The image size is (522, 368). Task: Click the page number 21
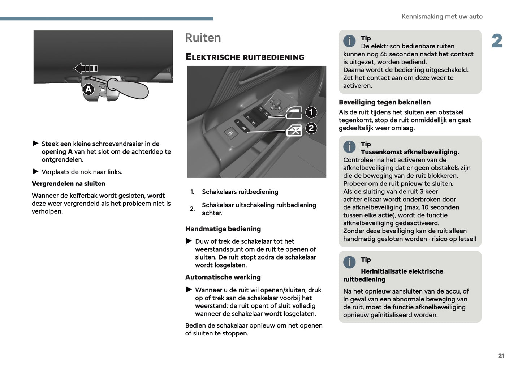pyautogui.click(x=501, y=355)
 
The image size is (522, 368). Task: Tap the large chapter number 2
pyautogui.click(x=497, y=41)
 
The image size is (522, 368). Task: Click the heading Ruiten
pyautogui.click(x=203, y=38)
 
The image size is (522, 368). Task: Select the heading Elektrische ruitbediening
pyautogui.click(x=245, y=57)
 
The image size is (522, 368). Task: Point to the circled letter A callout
pyautogui.click(x=89, y=89)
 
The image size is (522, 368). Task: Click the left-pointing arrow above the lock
pyautogui.click(x=85, y=68)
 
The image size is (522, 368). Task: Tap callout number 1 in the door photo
pyautogui.click(x=311, y=112)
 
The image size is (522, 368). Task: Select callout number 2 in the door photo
pyautogui.click(x=311, y=128)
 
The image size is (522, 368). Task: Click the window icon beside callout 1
pyautogui.click(x=294, y=113)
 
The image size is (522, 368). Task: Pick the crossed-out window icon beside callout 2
pyautogui.click(x=294, y=130)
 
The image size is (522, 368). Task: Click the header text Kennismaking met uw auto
pyautogui.click(x=442, y=17)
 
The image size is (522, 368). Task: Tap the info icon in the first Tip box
pyautogui.click(x=349, y=41)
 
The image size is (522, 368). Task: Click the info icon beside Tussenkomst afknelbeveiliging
pyautogui.click(x=349, y=147)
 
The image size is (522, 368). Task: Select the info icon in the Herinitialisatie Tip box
pyautogui.click(x=349, y=262)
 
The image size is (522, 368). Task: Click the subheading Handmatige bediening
pyautogui.click(x=223, y=229)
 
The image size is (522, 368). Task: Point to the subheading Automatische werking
pyautogui.click(x=223, y=277)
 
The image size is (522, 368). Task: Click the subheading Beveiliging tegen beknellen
pyautogui.click(x=384, y=102)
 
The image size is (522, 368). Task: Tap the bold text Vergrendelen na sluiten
pyautogui.click(x=68, y=184)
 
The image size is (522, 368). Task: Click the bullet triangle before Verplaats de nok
pyautogui.click(x=35, y=171)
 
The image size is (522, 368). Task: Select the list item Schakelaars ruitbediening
pyautogui.click(x=240, y=192)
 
